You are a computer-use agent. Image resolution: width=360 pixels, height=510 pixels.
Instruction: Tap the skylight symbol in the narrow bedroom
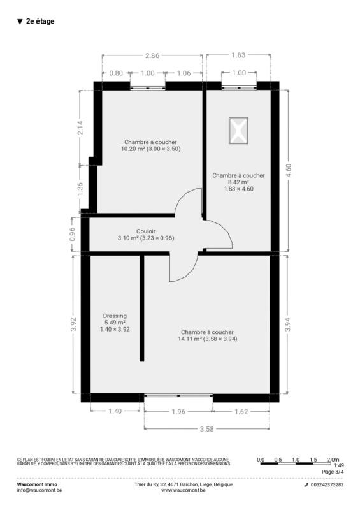(x=238, y=131)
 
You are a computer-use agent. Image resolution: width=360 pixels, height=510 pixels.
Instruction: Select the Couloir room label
(x=146, y=231)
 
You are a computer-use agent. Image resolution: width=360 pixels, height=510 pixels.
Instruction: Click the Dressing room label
(x=115, y=316)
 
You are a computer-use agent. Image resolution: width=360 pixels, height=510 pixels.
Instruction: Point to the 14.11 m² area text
(x=190, y=339)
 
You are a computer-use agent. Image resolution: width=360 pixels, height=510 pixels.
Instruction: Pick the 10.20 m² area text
(x=133, y=149)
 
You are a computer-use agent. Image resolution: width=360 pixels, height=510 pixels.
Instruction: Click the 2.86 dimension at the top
(x=152, y=55)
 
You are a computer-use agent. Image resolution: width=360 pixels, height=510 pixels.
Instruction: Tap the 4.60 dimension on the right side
(x=288, y=170)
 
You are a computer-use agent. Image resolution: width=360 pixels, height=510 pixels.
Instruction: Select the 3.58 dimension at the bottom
(x=207, y=429)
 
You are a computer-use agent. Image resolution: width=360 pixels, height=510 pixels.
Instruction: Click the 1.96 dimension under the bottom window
(x=178, y=412)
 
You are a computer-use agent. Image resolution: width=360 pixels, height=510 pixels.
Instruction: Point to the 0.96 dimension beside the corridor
(x=72, y=234)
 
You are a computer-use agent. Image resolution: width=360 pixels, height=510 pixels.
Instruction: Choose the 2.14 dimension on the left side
(x=80, y=128)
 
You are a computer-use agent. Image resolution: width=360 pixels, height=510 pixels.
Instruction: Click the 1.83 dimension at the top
(x=238, y=55)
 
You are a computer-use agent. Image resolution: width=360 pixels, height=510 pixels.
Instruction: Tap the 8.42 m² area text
(x=238, y=182)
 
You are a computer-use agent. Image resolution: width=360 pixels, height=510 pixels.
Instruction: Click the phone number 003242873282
(x=327, y=484)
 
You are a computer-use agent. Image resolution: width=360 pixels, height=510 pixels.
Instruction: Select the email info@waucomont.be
(x=39, y=490)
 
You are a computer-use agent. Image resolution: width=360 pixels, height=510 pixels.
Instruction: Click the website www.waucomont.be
(x=183, y=490)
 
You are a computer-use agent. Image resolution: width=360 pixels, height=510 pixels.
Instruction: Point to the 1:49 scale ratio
(x=338, y=465)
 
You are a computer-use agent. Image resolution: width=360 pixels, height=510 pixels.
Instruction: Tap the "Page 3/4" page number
(x=333, y=472)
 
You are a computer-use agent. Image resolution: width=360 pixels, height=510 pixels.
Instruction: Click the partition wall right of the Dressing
(x=142, y=309)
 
